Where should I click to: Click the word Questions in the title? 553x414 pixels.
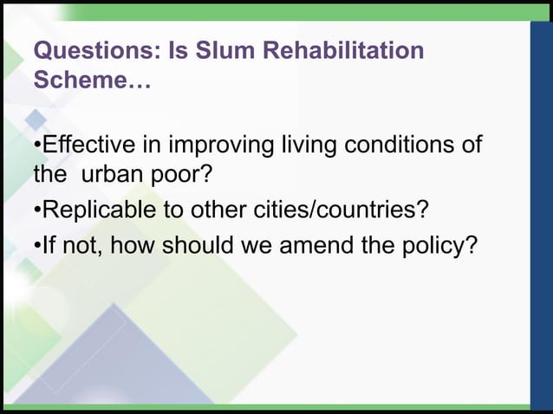(91, 52)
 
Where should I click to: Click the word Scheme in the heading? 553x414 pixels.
(83, 84)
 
